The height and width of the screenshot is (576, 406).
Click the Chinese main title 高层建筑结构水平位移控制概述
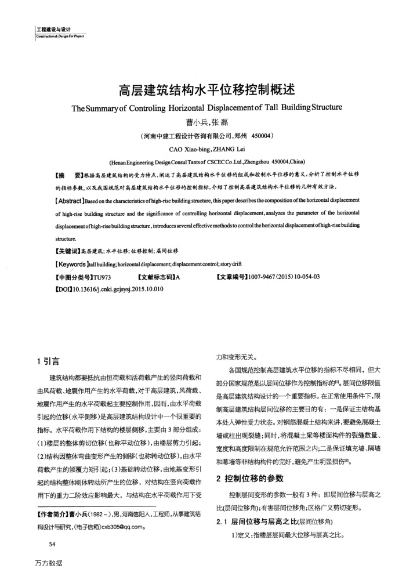pos(207,90)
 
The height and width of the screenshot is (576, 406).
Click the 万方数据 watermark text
pos(48,563)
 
